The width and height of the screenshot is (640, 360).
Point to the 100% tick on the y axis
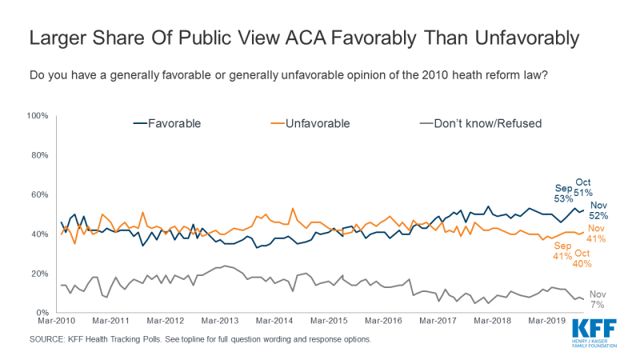pyautogui.click(x=38, y=116)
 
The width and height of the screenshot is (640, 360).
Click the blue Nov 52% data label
pyautogui.click(x=599, y=210)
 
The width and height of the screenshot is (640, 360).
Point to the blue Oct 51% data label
pyautogui.click(x=583, y=186)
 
